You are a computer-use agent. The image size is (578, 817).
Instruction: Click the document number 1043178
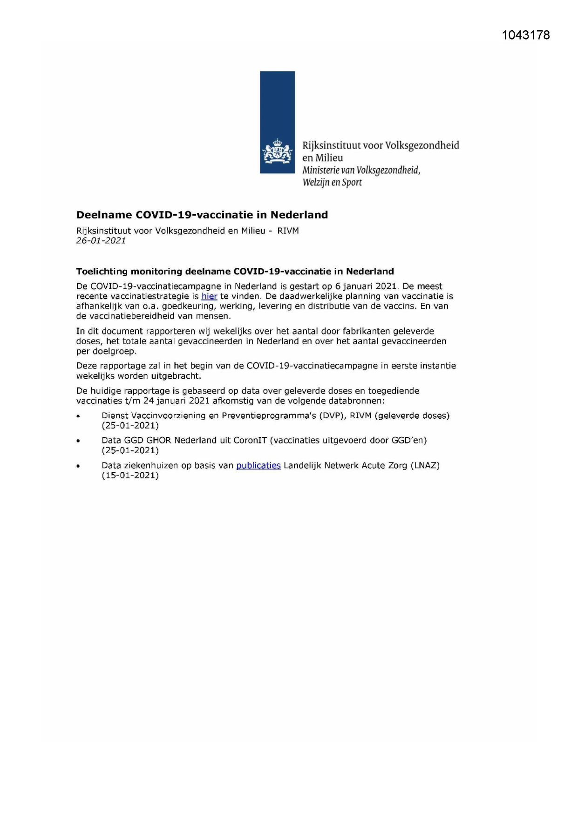pyautogui.click(x=526, y=35)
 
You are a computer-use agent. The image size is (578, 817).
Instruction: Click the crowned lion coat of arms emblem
pyautogui.click(x=277, y=151)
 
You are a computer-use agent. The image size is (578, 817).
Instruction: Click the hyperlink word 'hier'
pyautogui.click(x=209, y=296)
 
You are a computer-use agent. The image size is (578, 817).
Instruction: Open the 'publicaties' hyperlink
pyautogui.click(x=258, y=465)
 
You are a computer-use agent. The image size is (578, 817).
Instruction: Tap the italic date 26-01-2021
pyautogui.click(x=101, y=241)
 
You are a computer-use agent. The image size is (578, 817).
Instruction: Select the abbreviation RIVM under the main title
pyautogui.click(x=288, y=231)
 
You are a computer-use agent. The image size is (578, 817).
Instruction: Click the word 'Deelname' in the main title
pyautogui.click(x=104, y=215)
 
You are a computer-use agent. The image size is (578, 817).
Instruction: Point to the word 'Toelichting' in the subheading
pyautogui.click(x=102, y=271)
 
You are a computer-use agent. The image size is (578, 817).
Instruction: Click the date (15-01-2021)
pyautogui.click(x=130, y=476)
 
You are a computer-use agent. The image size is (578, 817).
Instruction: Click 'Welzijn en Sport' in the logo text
pyautogui.click(x=332, y=182)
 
